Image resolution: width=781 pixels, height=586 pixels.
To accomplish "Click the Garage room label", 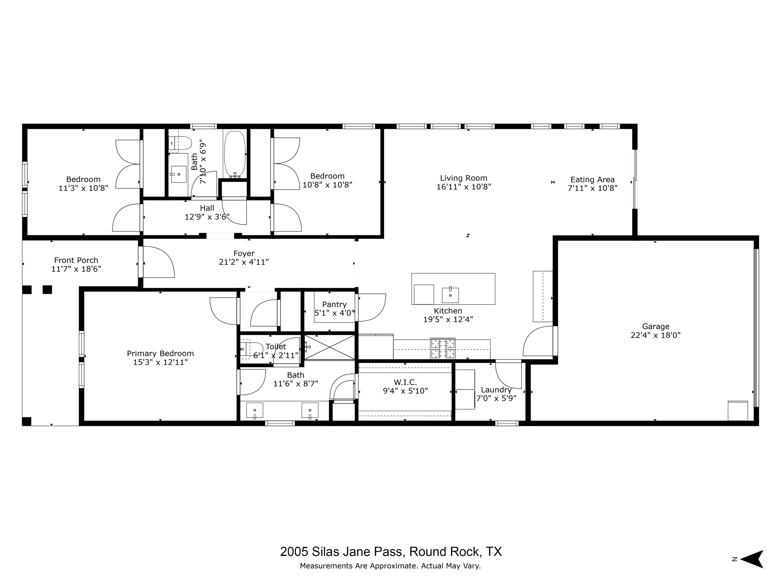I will [x=656, y=326].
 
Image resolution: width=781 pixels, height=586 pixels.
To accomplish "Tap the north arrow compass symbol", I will [x=752, y=559].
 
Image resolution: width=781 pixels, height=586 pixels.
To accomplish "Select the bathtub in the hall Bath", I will [x=235, y=154].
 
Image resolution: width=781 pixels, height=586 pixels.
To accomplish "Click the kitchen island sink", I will [x=450, y=295].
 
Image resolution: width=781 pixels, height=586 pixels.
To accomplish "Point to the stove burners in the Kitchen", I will [x=443, y=348].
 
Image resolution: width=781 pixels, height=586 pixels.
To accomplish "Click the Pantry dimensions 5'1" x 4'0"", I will [x=334, y=313].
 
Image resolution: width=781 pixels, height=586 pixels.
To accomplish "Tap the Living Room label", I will [x=464, y=178].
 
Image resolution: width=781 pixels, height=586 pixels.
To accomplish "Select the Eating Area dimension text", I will [x=592, y=188].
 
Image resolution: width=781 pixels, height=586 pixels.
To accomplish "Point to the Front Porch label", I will [x=76, y=260].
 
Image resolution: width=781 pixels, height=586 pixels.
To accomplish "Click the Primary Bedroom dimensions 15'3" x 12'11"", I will [x=160, y=362].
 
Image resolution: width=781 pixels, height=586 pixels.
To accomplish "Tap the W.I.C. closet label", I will [x=405, y=382].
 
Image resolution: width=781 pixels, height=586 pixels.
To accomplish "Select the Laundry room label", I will [x=496, y=390].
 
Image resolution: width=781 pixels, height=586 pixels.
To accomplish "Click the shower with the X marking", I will [x=329, y=347].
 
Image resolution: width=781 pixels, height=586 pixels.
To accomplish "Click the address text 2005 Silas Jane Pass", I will [x=341, y=552].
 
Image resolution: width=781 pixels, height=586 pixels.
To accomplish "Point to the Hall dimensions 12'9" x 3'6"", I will [x=207, y=217].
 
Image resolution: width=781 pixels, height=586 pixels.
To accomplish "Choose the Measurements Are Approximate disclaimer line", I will [x=390, y=566].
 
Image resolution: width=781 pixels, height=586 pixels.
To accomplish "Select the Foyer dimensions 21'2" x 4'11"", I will [x=244, y=262].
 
